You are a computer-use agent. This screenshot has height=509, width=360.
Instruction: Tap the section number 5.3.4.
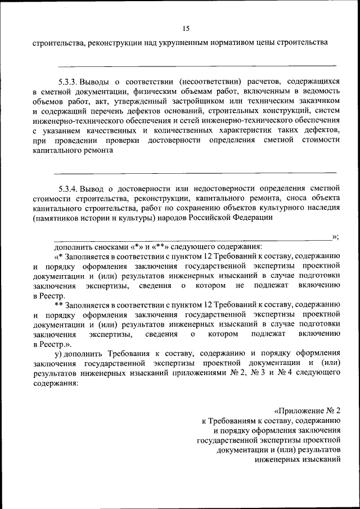pos(69,188)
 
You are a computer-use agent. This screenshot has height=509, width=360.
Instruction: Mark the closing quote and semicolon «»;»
pos(335,237)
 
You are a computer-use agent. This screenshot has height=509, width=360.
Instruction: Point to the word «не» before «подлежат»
pos(240,286)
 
